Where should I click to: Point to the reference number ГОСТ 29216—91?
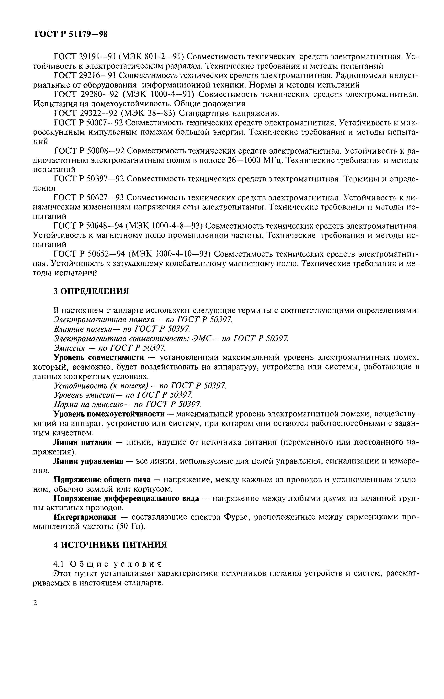coord(85,76)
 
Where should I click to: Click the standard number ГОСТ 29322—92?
coord(85,113)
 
